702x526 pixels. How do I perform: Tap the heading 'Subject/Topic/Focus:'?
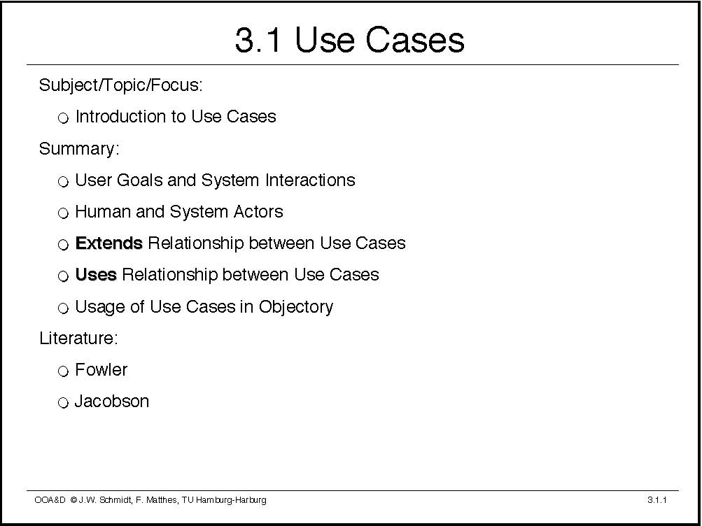121,85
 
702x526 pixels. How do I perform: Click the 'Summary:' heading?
79,149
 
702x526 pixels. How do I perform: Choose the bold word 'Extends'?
108,243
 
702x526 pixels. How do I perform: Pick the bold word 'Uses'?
96,274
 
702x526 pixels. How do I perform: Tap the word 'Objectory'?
296,307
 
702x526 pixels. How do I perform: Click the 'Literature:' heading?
78,338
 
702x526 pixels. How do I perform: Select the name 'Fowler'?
101,369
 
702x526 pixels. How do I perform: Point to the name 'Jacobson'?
111,401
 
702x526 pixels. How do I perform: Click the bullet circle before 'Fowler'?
63,371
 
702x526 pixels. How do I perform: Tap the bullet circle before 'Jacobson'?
63,403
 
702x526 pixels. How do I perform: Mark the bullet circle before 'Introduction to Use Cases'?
63,118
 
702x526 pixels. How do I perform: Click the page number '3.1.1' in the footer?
657,500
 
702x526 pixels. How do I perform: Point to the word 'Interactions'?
310,180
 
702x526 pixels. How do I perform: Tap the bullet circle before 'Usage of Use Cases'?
63,308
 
